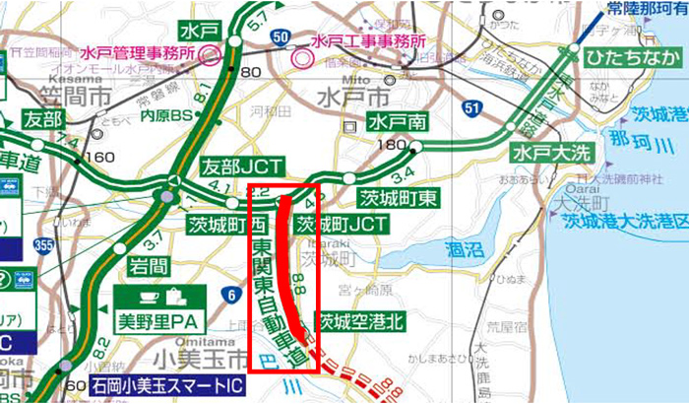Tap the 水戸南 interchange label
click(x=396, y=122)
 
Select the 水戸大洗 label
click(x=542, y=154)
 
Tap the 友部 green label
click(x=41, y=119)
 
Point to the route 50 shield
click(x=282, y=36)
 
